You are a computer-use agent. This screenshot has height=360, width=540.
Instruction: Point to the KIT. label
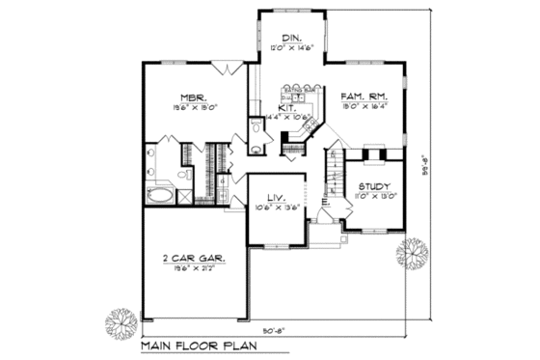286,108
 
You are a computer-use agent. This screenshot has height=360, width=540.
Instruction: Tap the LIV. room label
277,195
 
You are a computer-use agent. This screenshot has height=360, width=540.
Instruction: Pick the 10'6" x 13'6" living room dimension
277,207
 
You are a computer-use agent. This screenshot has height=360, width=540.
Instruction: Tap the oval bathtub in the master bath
159,195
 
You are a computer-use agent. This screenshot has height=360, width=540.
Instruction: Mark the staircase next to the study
334,179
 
